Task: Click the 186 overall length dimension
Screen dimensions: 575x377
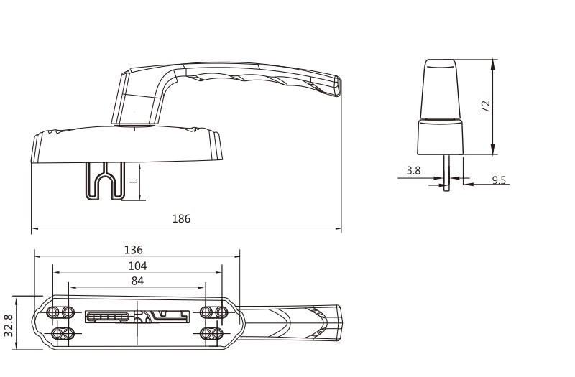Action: pos(181,219)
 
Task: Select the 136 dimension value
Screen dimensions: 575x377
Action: pos(133,250)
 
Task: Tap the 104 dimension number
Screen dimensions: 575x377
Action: pos(137,266)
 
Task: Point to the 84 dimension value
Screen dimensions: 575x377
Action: pos(137,281)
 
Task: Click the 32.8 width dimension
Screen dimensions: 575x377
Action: pos(9,325)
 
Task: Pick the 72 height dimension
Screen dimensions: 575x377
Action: pos(486,106)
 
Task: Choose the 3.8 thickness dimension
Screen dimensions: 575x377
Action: pos(414,170)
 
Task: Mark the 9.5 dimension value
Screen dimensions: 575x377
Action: pos(499,180)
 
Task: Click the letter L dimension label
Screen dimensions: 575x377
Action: pos(134,181)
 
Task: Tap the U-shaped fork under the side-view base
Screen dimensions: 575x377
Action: pos(105,182)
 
